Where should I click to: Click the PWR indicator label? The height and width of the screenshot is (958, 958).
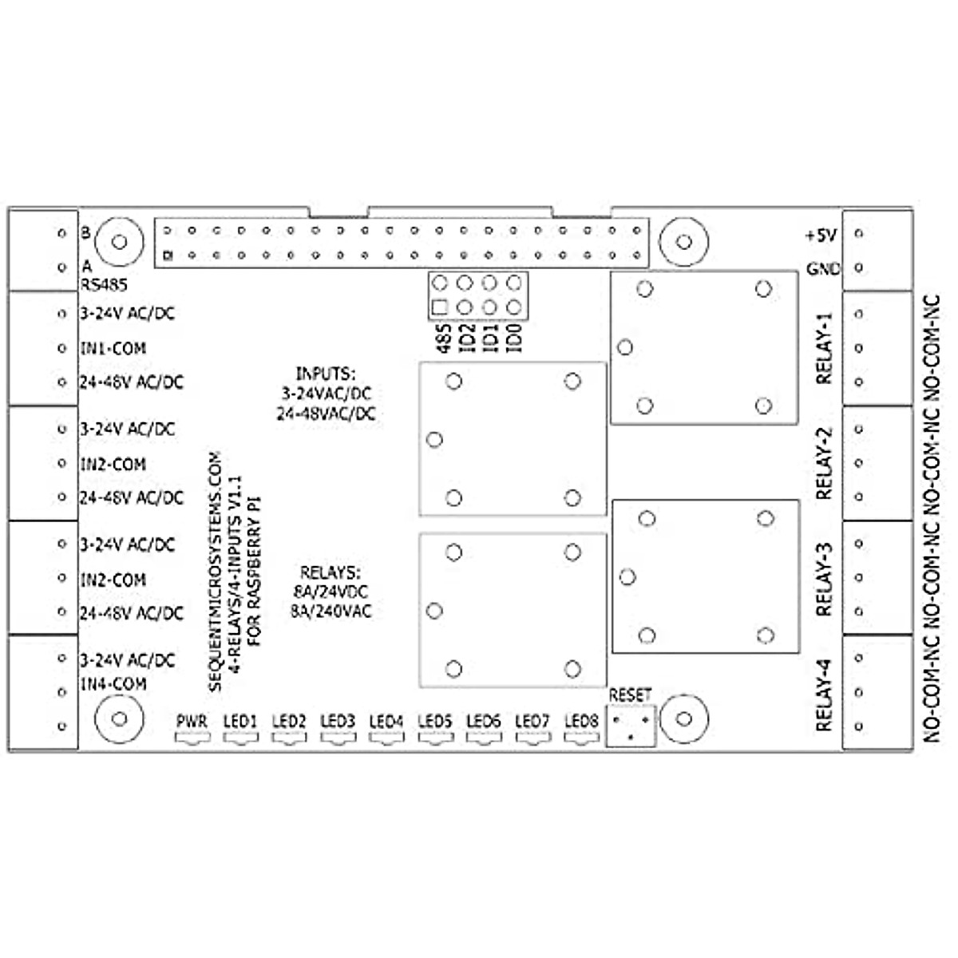point(192,722)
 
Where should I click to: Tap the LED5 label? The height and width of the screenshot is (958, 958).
point(435,722)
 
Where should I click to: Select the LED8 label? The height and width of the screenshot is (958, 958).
point(581,722)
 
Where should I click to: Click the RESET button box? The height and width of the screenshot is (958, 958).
point(631,726)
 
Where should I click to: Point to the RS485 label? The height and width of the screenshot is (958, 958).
point(103,284)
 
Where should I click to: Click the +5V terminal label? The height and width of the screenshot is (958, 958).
point(820,236)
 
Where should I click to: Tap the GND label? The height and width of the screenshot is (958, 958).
point(823,269)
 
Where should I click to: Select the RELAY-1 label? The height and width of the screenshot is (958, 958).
point(824,348)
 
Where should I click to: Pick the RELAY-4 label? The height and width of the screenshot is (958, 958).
point(824,695)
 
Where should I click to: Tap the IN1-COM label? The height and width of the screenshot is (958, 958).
point(113,349)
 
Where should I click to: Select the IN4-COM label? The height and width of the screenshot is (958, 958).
point(113,684)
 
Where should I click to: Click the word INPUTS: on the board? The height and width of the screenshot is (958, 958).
point(325,374)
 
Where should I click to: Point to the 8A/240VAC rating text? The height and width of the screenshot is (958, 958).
point(331,612)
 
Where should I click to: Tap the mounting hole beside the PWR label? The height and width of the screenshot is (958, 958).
point(119,718)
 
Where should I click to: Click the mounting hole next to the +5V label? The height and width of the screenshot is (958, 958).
point(683,241)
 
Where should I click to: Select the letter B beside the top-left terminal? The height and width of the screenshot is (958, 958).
point(85,234)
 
